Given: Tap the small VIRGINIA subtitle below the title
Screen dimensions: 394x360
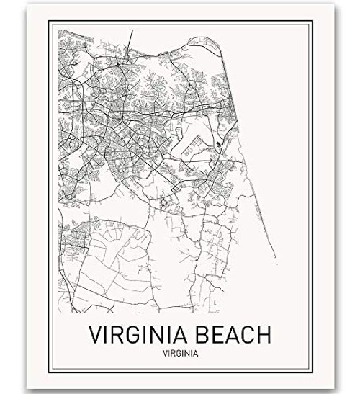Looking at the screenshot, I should pos(180,354).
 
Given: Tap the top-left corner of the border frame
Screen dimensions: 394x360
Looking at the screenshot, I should pos(49,22).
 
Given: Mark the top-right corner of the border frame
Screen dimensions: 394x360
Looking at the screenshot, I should pos(311,22).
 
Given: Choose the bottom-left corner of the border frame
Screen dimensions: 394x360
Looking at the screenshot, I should pos(49,372).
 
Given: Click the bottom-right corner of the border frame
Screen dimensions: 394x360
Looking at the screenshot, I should pos(311,372).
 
